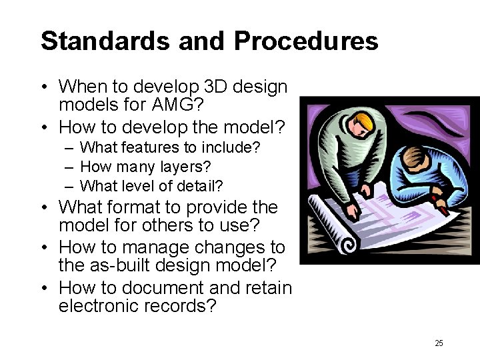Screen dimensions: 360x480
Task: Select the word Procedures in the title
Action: point(306,41)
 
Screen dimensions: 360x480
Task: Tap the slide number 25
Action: point(438,343)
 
